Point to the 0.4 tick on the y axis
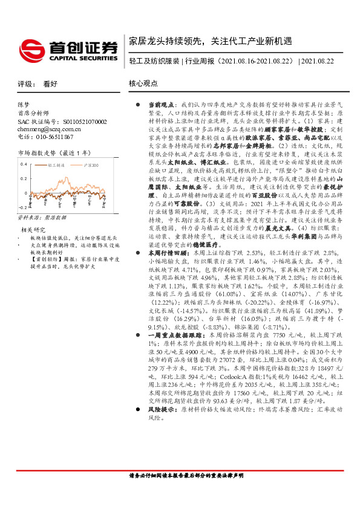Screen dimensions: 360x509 pyautogui.click(x=24, y=164)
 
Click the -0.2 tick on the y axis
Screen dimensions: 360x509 pyautogui.click(x=22, y=223)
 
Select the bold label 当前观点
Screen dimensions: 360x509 pyautogui.click(x=162, y=105)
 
